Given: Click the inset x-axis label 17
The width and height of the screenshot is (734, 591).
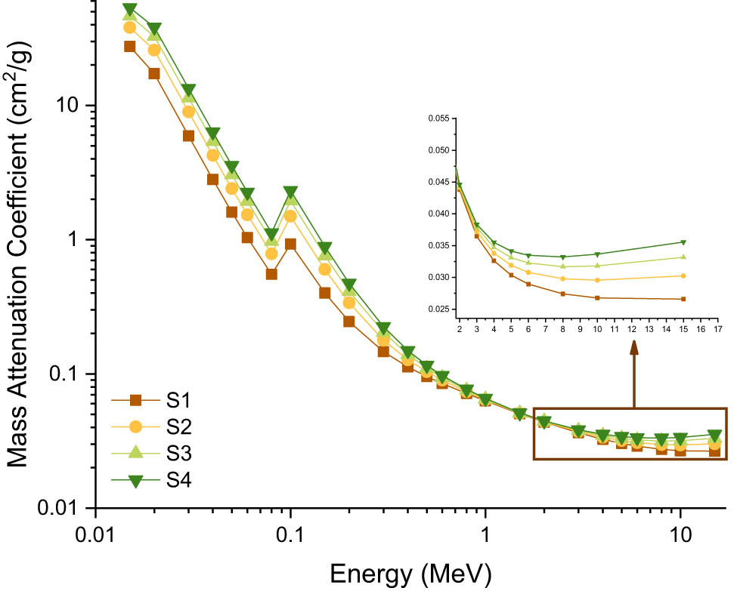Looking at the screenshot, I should pos(717,330).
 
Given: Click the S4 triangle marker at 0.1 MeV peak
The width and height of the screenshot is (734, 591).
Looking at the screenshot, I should pos(290,192).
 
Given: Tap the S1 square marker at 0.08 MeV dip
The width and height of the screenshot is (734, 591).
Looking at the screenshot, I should pos(271,274).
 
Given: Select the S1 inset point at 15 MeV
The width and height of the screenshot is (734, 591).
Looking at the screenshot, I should pos(683,299).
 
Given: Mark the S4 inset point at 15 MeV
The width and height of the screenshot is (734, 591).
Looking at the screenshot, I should pos(683,242).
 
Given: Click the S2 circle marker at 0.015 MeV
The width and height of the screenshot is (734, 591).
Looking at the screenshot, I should pos(129,27).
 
